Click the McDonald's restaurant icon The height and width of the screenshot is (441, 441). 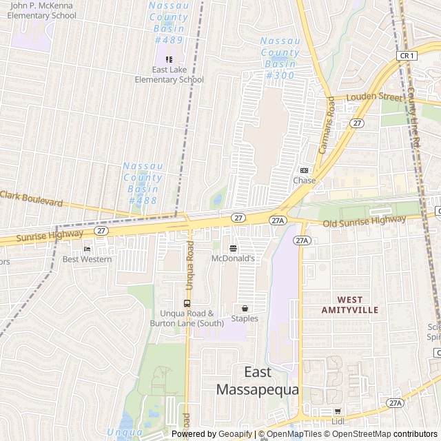click(233, 248)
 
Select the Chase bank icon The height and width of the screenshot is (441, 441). click(304, 170)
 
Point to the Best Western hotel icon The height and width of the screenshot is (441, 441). click(87, 249)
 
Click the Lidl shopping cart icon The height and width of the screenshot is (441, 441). click(337, 411)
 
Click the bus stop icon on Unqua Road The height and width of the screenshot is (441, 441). click(187, 303)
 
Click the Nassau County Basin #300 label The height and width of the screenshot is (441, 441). click(280, 58)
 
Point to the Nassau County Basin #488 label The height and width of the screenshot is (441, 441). click(142, 183)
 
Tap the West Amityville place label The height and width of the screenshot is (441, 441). click(350, 305)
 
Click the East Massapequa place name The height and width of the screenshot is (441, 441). click(258, 380)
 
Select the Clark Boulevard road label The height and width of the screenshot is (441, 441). click(32, 199)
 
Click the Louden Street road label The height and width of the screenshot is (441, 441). click(373, 96)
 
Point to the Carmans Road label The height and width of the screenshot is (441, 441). click(326, 124)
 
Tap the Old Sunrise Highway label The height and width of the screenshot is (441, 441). click(364, 221)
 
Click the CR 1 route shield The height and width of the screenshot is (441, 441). click(407, 55)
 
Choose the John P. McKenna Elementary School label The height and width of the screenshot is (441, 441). click(43, 10)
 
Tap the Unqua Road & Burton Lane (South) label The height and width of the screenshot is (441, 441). click(187, 318)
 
